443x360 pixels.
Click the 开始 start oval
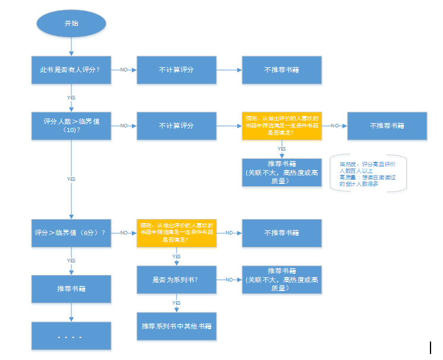71,23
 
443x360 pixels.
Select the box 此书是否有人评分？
71,70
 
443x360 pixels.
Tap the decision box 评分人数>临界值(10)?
71,126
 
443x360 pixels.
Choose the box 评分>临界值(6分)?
71,232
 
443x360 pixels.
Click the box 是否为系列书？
176,279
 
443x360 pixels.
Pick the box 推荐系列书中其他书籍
176,326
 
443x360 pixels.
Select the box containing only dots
71,336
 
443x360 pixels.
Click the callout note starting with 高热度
369,173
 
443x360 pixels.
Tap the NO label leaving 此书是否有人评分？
124,70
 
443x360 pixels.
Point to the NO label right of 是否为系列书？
228,279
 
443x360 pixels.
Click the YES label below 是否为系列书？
176,303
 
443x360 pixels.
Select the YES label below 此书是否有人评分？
71,97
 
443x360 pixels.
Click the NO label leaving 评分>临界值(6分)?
124,233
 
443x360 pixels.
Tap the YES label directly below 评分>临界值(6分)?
71,260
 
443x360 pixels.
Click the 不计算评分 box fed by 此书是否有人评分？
176,70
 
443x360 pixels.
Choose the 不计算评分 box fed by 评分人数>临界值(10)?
176,126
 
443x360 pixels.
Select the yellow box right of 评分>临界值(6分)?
176,232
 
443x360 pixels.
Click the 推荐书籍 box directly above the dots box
71,289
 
